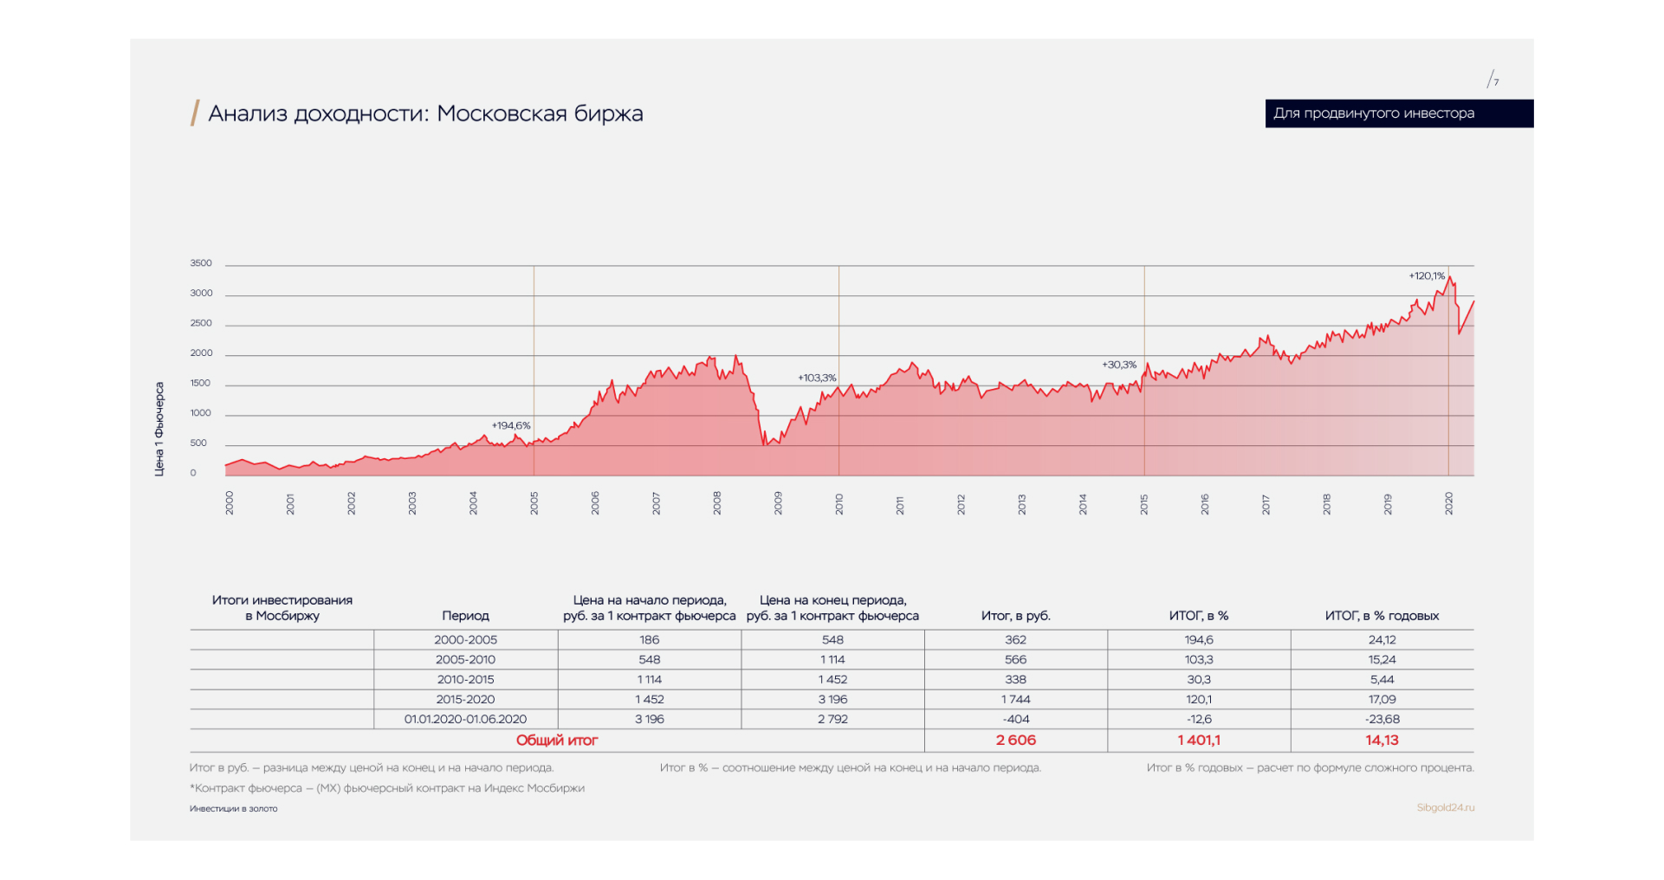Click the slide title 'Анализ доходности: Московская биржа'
pos(425,113)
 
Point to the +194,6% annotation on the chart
pos(511,425)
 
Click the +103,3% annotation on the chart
pos(817,378)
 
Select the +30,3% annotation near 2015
pos(1118,365)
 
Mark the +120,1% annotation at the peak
pos(1426,275)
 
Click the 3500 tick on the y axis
pos(201,263)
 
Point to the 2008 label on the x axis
pos(717,503)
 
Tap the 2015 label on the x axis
pos(1143,504)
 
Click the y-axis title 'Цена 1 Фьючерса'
pos(159,429)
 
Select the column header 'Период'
pos(465,616)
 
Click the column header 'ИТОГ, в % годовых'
pos(1382,616)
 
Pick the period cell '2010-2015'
pos(465,679)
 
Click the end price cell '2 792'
pos(832,719)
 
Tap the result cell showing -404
pos(1016,719)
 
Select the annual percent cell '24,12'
pos(1382,639)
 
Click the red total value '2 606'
pos(1016,740)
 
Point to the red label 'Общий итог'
pos(557,740)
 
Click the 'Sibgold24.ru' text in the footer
pos(1445,807)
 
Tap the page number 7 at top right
pos(1495,81)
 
